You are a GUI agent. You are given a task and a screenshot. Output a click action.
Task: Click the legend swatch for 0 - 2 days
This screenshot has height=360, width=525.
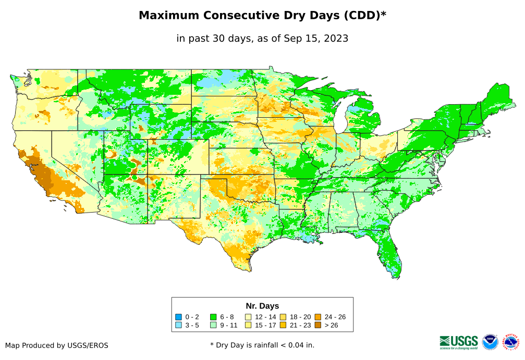pyautogui.click(x=178, y=317)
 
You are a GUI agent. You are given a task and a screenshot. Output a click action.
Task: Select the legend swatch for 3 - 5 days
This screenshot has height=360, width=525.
pyautogui.click(x=178, y=325)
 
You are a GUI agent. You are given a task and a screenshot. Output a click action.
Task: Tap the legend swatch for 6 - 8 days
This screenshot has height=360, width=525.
pyautogui.click(x=213, y=317)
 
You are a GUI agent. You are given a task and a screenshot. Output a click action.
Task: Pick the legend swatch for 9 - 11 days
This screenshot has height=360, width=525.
pyautogui.click(x=213, y=325)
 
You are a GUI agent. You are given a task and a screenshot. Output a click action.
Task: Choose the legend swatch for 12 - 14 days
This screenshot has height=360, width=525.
pyautogui.click(x=248, y=317)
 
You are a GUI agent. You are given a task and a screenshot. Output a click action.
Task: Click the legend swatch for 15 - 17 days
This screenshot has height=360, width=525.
pyautogui.click(x=248, y=325)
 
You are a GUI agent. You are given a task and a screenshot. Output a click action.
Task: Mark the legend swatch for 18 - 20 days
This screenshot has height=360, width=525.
pyautogui.click(x=283, y=317)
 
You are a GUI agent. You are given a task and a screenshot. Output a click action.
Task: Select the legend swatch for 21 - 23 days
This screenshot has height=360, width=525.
pyautogui.click(x=283, y=325)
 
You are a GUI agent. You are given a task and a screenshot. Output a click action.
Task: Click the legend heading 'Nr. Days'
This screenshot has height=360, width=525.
pyautogui.click(x=262, y=306)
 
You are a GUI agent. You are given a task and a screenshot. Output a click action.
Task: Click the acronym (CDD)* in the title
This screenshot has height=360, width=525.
pyautogui.click(x=364, y=16)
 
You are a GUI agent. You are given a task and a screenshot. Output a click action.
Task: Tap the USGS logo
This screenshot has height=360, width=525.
pyautogui.click(x=459, y=342)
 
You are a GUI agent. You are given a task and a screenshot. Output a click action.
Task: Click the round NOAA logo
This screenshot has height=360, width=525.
pyautogui.click(x=490, y=342)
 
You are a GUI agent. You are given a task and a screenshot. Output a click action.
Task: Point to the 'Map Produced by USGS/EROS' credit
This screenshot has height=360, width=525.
pyautogui.click(x=57, y=345)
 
